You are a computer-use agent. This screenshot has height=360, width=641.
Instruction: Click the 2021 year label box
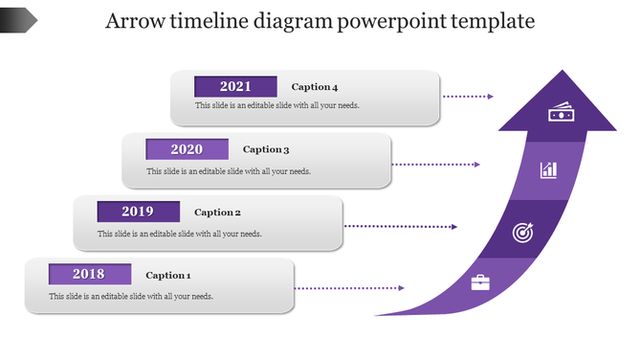pyautogui.click(x=235, y=86)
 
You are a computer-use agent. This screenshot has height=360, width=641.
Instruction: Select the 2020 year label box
pyautogui.click(x=187, y=149)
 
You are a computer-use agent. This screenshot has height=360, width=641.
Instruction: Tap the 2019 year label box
pyautogui.click(x=138, y=212)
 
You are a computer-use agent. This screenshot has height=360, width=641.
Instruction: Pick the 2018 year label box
pyautogui.click(x=89, y=275)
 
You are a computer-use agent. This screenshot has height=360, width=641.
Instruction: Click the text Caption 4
pyautogui.click(x=315, y=87)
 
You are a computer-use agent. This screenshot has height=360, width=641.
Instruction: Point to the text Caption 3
pyautogui.click(x=266, y=149)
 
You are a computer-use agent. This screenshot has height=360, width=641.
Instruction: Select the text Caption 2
pyautogui.click(x=217, y=213)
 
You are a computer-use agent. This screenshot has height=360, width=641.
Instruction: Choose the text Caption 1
pyautogui.click(x=168, y=275)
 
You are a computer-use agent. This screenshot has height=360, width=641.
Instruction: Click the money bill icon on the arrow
pyautogui.click(x=560, y=114)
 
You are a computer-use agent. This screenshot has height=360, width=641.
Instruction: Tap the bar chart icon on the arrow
pyautogui.click(x=548, y=170)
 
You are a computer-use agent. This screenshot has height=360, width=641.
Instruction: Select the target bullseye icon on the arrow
pyautogui.click(x=521, y=232)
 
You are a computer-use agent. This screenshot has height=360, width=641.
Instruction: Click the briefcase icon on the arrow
pyautogui.click(x=480, y=282)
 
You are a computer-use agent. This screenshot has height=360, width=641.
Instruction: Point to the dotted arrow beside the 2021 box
pyautogui.click(x=468, y=97)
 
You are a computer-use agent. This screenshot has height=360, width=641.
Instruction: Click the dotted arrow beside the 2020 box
pyautogui.click(x=435, y=164)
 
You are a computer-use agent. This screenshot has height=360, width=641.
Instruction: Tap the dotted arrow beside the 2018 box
pyautogui.click(x=349, y=288)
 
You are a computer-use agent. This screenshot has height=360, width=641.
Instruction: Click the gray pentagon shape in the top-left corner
pyautogui.click(x=18, y=18)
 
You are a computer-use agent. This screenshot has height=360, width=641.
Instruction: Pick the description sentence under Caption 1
pyautogui.click(x=131, y=296)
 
